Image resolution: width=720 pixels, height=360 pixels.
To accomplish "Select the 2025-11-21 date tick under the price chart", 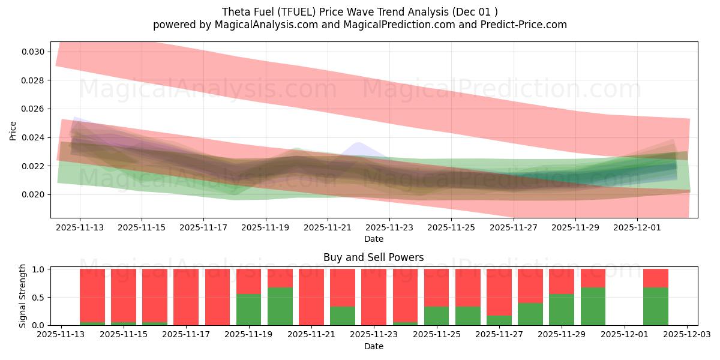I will (328, 227).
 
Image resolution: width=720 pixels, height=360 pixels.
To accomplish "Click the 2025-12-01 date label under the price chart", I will (637, 227).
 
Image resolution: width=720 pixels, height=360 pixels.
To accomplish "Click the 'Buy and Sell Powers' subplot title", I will (373, 257).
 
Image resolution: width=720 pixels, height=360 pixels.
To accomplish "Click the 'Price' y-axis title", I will (14, 131).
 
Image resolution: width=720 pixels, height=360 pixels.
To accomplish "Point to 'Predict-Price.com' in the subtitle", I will (526, 25).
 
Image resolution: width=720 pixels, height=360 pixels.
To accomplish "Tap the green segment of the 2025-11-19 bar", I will (248, 310).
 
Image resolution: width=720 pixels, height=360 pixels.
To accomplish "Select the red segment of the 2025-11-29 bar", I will (562, 281).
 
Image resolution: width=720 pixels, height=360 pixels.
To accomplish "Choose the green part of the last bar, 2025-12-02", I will (655, 307).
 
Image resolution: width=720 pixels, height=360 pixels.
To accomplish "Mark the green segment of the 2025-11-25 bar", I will (436, 316).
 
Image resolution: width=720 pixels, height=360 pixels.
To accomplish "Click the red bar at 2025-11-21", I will (311, 297).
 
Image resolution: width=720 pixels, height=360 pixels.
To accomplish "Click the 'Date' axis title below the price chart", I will (373, 239).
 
